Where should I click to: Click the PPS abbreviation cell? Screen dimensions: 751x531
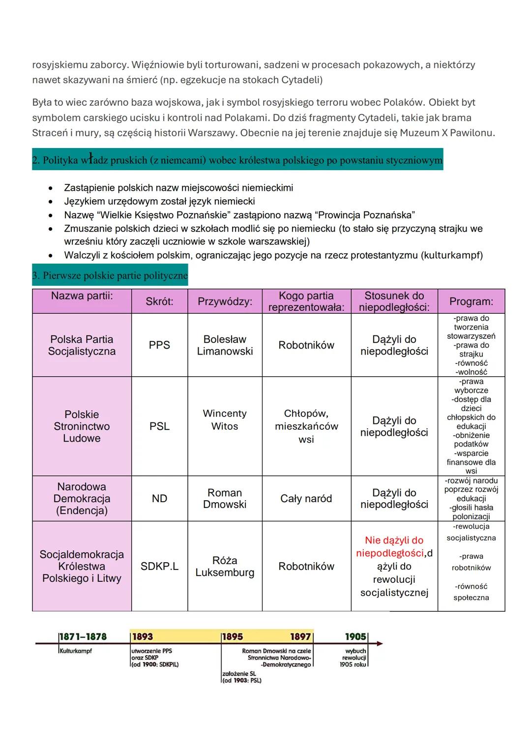point(159,345)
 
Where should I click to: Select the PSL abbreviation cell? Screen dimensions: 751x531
point(159,426)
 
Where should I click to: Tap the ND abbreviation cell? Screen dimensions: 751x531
point(159,499)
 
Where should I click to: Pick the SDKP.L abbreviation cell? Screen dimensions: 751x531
point(159,567)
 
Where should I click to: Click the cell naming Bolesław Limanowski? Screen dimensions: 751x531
point(225,345)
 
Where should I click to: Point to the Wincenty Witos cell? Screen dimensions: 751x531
point(225,420)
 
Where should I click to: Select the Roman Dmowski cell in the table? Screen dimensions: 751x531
point(225,499)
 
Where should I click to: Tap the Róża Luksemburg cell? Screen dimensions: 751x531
point(225,567)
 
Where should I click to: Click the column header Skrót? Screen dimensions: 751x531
point(159,301)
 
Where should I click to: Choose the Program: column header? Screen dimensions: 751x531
point(471,301)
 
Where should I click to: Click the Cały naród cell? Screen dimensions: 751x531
point(306,499)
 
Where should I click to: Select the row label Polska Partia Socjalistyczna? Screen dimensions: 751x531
point(82,345)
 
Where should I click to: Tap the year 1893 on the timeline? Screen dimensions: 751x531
point(143,637)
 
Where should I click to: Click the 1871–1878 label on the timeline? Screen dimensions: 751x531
point(83,637)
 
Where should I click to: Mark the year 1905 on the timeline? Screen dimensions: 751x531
point(355,637)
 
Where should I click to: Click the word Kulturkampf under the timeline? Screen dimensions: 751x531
point(75,651)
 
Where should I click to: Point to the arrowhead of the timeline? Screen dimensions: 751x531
point(380,643)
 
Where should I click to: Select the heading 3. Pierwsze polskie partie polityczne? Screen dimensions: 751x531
point(110,275)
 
